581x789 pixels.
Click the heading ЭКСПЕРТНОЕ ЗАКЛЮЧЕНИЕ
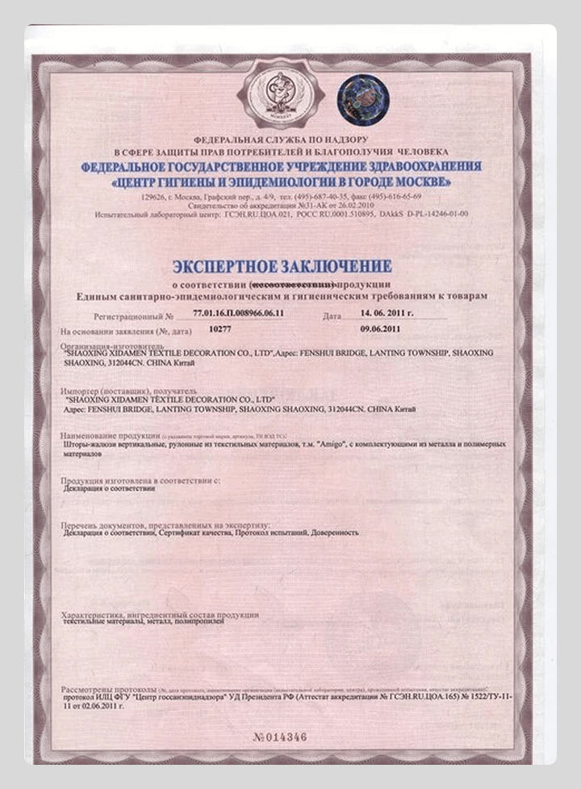coord(282,267)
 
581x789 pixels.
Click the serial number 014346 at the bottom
coord(281,737)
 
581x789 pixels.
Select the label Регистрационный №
coord(133,316)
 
